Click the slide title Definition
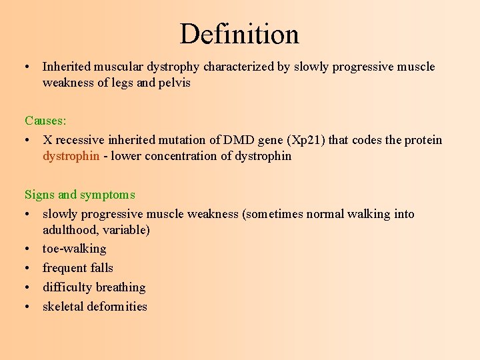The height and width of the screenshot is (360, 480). [x=239, y=34]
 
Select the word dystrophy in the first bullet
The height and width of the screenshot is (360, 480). [x=175, y=67]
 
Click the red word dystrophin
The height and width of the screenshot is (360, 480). [x=71, y=156]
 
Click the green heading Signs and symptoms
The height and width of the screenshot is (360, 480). [x=79, y=195]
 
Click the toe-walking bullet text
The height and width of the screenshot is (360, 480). [x=74, y=249]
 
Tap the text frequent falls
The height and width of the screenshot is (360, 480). [x=77, y=268]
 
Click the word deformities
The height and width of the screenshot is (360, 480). [x=117, y=307]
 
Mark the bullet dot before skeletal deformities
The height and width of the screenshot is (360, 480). [x=29, y=307]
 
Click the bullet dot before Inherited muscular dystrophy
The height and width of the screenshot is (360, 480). [x=29, y=67]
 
